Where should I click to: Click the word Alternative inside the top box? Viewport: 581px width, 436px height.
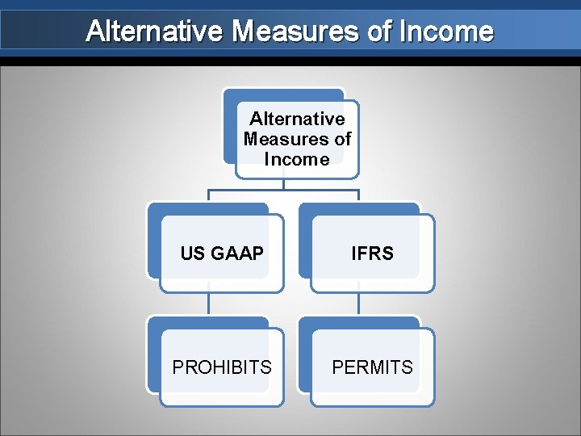pos(297,119)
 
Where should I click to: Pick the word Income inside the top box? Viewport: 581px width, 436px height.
pos(297,159)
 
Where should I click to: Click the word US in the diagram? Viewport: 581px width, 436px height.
pos(192,254)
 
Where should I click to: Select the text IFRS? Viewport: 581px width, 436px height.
pos(372,254)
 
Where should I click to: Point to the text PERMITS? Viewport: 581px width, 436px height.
pos(372,367)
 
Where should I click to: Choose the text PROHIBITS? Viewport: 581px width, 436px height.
pos(222,367)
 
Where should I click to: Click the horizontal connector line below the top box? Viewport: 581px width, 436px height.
pos(283,191)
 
